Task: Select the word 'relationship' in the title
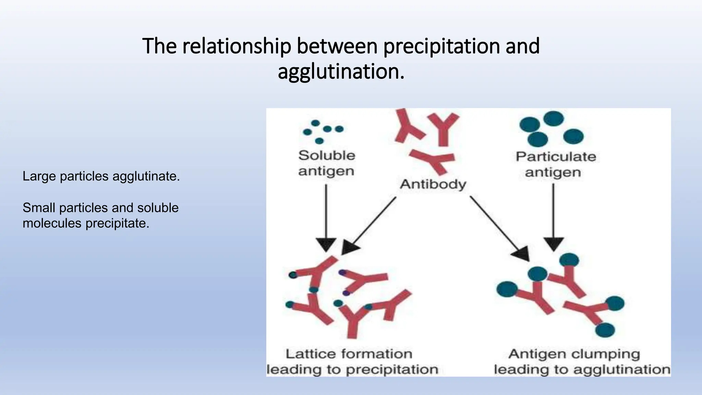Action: [x=237, y=46]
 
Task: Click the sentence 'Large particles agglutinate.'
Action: [x=101, y=176]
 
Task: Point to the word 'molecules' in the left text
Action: [x=52, y=223]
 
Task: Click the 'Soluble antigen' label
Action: [x=326, y=163]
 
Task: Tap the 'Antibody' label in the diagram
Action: [x=433, y=184]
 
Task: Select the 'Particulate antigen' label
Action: [x=555, y=164]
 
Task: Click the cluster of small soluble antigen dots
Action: [x=323, y=131]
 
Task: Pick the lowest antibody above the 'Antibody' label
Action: [x=433, y=160]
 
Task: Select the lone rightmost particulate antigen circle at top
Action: [x=573, y=136]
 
